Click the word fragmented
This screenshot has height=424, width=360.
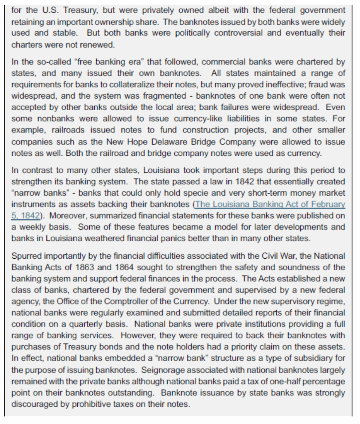point(165,96)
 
